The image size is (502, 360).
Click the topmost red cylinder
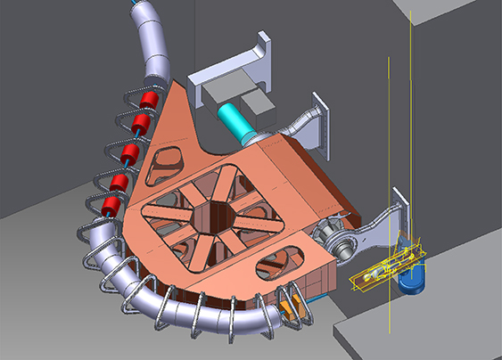(150, 98)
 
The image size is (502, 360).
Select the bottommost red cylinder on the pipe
(110, 209)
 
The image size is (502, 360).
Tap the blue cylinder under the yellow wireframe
(412, 279)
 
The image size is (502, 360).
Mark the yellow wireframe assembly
(388, 270)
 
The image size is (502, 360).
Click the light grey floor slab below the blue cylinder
(419, 334)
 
